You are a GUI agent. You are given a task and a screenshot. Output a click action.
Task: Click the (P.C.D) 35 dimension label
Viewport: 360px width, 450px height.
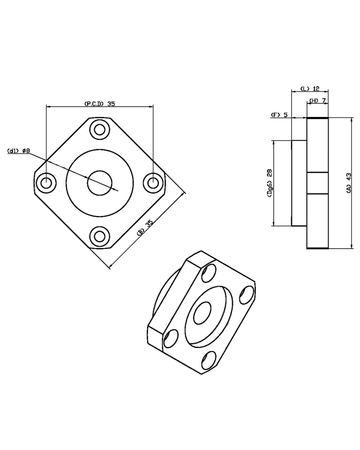pyautogui.click(x=100, y=104)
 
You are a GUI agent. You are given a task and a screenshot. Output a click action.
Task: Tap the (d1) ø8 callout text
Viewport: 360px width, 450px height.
pyautogui.click(x=19, y=151)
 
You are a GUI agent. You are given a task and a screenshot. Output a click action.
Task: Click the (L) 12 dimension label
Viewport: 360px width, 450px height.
pyautogui.click(x=310, y=88)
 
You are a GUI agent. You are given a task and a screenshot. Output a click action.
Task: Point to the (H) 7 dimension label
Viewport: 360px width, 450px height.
pyautogui.click(x=318, y=100)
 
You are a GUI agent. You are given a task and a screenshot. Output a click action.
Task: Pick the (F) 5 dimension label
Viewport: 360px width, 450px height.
pyautogui.click(x=279, y=115)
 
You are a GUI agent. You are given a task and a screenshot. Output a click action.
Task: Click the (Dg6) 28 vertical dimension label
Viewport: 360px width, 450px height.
pyautogui.click(x=270, y=183)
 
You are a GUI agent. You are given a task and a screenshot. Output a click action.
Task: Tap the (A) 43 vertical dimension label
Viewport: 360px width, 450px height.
pyautogui.click(x=349, y=183)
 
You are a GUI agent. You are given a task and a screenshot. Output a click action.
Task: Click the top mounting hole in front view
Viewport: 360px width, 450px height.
pyautogui.click(x=100, y=130)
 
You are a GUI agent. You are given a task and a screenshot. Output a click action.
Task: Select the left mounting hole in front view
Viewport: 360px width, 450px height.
pyautogui.click(x=46, y=183)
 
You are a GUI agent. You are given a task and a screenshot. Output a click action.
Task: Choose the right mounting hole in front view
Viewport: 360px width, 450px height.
pyautogui.click(x=153, y=183)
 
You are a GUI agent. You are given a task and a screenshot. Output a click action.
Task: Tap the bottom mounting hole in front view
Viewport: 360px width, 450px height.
pyautogui.click(x=100, y=237)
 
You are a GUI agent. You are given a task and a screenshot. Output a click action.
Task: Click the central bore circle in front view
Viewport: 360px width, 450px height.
pyautogui.click(x=100, y=183)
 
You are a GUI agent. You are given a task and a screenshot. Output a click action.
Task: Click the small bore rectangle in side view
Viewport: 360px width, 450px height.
pyautogui.click(x=317, y=183)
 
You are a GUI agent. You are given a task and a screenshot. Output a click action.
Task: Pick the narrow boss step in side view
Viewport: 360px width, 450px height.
pyautogui.click(x=299, y=183)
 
